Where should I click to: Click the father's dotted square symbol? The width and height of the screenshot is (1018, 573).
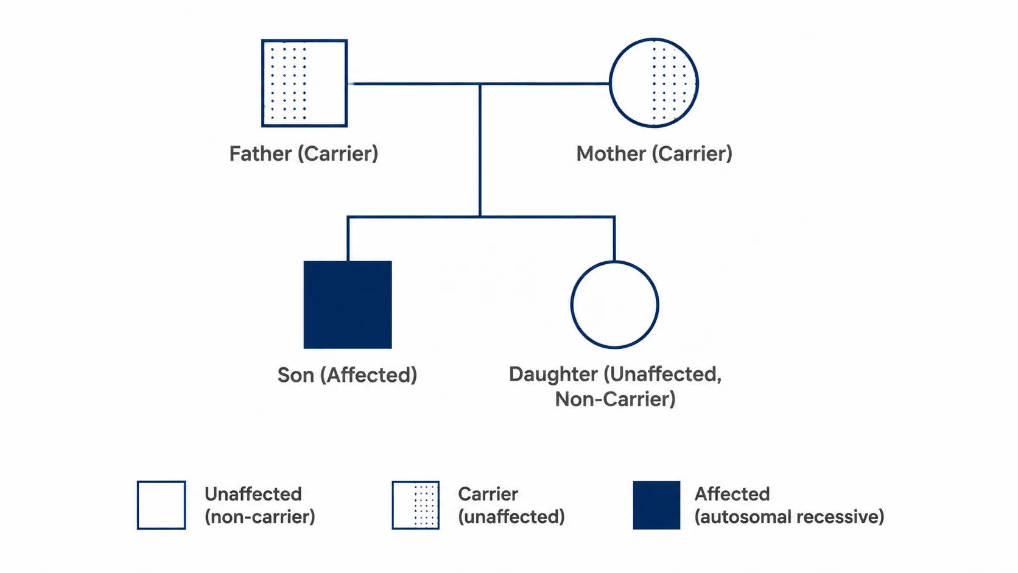(x=304, y=83)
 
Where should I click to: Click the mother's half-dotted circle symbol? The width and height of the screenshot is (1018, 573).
(x=653, y=83)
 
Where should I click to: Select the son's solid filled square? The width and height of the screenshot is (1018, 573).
(x=348, y=304)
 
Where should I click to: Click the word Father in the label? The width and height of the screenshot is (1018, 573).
(x=261, y=153)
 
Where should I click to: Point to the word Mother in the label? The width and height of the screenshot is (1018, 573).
(x=610, y=153)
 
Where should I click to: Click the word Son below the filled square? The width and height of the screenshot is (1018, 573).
(x=296, y=375)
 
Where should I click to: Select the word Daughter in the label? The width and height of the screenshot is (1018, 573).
(x=553, y=374)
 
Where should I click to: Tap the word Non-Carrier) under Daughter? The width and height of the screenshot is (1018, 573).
(x=615, y=399)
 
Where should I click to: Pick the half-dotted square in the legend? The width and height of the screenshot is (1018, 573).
(x=415, y=505)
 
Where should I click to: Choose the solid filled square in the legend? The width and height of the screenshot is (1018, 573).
(x=656, y=505)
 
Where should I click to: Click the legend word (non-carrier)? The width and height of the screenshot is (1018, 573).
(x=259, y=517)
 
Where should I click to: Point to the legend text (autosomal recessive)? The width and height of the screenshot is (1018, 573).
(x=789, y=517)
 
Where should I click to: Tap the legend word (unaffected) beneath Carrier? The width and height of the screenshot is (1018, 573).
(x=511, y=517)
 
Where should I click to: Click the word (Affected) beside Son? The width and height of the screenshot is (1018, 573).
(x=368, y=375)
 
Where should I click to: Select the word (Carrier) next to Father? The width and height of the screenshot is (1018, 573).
(x=338, y=153)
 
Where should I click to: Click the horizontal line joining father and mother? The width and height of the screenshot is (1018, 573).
(x=479, y=83)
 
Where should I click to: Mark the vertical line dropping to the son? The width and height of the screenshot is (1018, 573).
(x=348, y=239)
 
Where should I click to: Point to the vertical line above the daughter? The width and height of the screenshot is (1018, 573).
(x=614, y=239)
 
